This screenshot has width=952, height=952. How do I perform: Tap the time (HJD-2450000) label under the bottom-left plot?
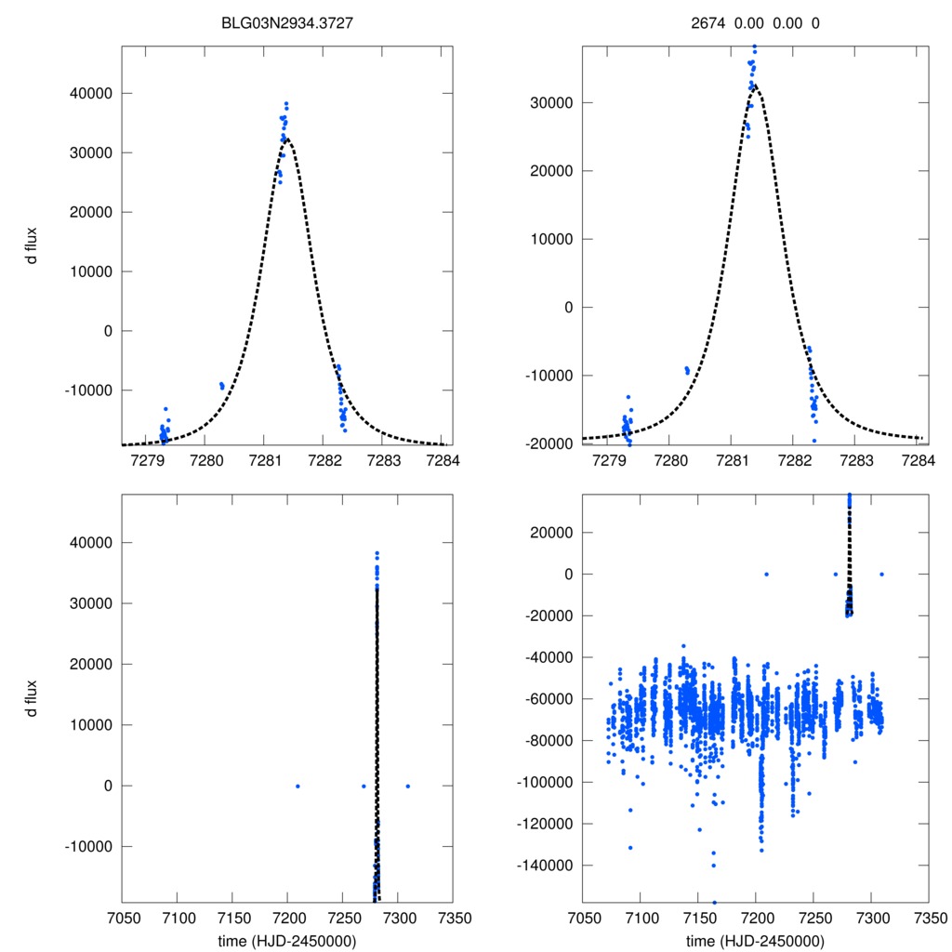coord(286,940)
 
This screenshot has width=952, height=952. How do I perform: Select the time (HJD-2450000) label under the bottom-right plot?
coord(755,940)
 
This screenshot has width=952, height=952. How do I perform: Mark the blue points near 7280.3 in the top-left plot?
coord(222,385)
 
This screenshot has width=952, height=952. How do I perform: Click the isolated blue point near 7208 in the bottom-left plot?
coord(297,786)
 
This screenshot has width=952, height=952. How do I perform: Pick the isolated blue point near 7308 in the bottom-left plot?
coord(407,786)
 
